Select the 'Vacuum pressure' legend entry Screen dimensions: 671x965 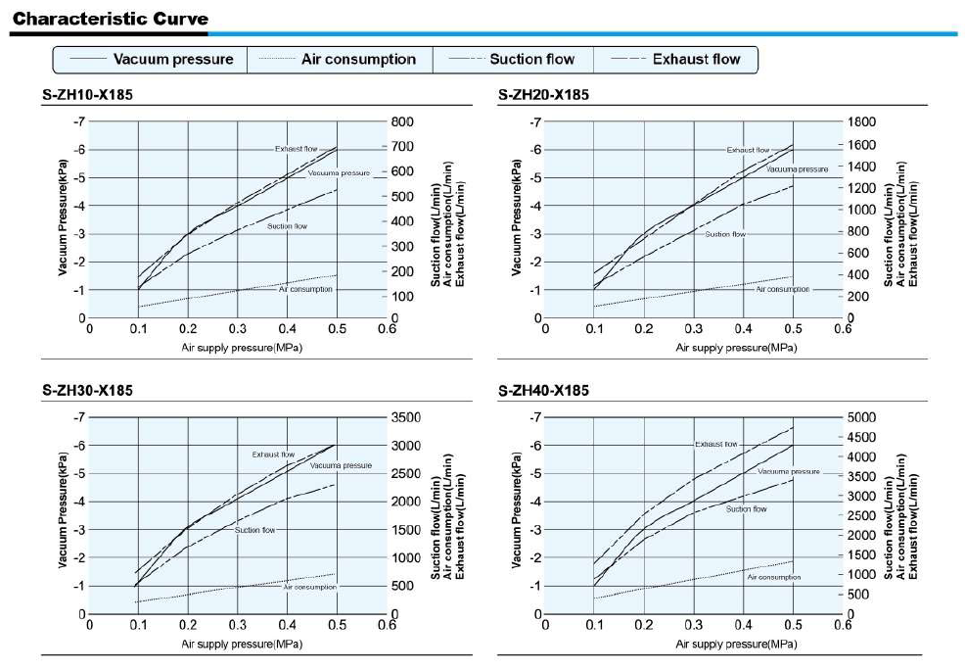[173, 59]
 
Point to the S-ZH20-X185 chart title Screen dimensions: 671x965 [543, 95]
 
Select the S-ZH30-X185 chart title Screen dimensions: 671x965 [87, 391]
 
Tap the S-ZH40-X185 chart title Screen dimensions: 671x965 [543, 391]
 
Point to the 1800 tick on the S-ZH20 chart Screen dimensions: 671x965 [863, 122]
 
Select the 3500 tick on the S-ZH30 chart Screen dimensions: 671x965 [407, 418]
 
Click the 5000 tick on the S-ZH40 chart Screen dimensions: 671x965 [863, 418]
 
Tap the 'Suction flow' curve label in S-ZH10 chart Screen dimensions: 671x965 [287, 226]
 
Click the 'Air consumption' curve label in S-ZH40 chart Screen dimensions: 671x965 [773, 577]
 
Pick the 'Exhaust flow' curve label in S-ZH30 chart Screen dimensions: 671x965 [273, 455]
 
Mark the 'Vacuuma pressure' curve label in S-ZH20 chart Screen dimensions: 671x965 [797, 168]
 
